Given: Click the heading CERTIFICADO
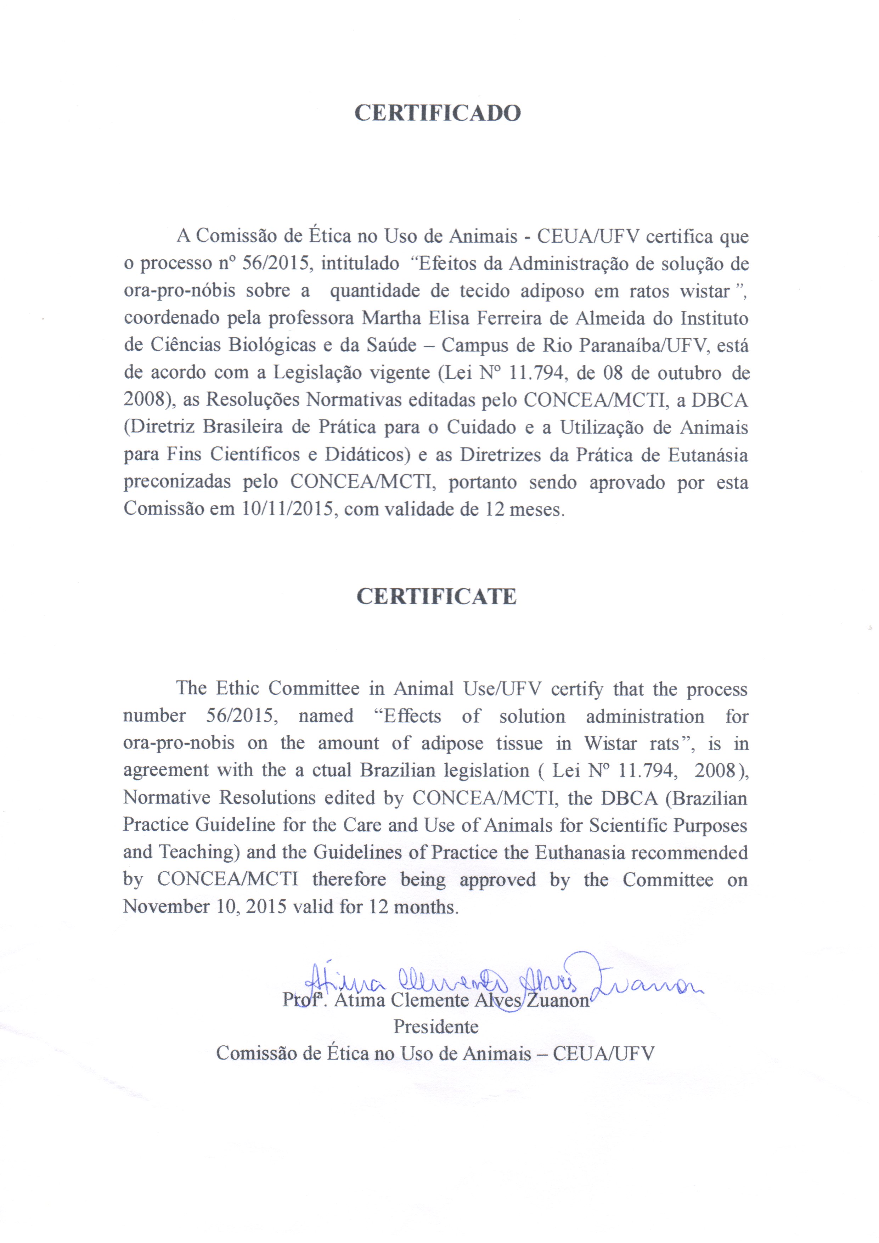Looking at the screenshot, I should [437, 113].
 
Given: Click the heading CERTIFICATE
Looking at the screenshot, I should [436, 596].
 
